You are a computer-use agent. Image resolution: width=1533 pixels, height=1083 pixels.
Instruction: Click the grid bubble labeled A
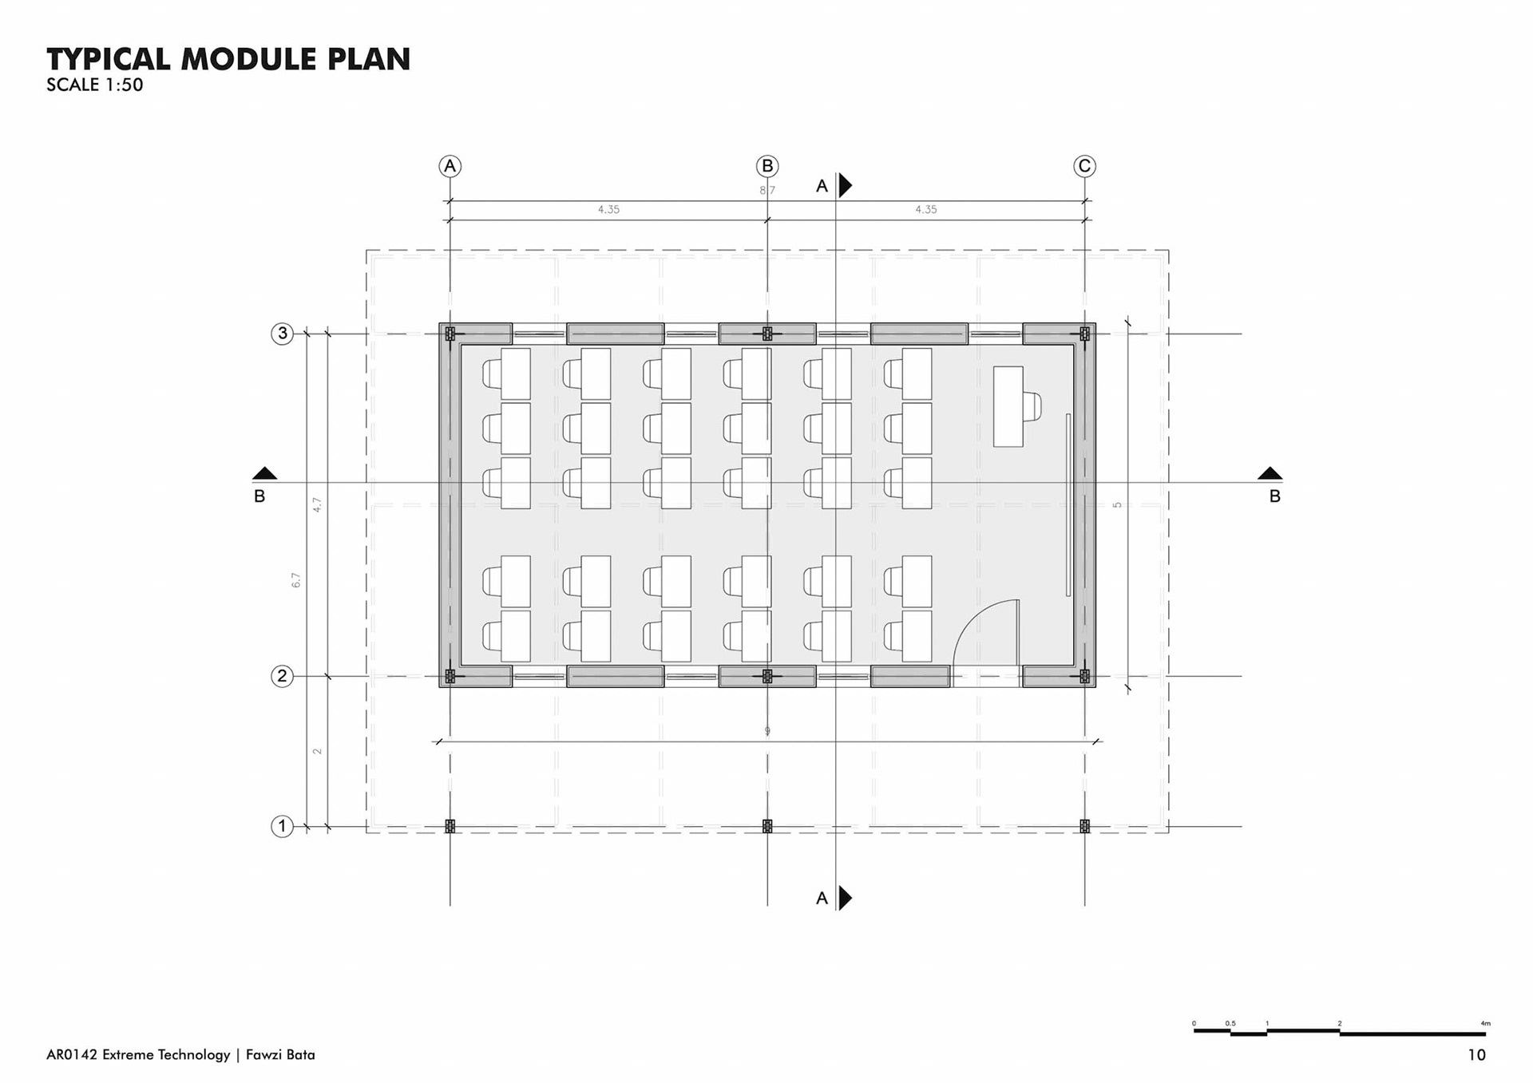pyautogui.click(x=450, y=166)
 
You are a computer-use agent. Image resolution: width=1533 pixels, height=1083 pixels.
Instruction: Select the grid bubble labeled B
pyautogui.click(x=767, y=166)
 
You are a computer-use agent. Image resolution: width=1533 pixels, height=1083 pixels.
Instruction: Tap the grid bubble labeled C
pyautogui.click(x=1084, y=166)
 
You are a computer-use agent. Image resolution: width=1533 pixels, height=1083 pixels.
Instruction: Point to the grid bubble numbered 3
pyautogui.click(x=282, y=334)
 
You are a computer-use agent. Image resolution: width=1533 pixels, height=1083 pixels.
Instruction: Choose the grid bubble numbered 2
pyautogui.click(x=282, y=676)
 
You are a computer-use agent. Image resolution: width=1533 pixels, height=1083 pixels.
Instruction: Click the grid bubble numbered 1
pyautogui.click(x=282, y=826)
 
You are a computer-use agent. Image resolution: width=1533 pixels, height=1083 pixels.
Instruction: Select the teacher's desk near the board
pyautogui.click(x=1008, y=406)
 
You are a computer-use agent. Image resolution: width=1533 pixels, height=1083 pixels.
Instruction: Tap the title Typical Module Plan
pyautogui.click(x=228, y=59)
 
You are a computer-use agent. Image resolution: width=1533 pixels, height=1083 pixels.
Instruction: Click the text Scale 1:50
pyautogui.click(x=95, y=85)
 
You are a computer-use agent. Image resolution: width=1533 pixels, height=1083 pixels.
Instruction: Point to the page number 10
pyautogui.click(x=1476, y=1055)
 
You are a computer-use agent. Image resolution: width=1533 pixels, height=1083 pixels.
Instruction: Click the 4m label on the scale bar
pyautogui.click(x=1485, y=1023)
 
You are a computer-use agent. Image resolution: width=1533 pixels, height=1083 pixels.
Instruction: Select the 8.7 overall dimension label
pyautogui.click(x=767, y=191)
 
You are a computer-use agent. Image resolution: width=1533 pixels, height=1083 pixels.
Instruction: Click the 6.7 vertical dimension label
pyautogui.click(x=296, y=580)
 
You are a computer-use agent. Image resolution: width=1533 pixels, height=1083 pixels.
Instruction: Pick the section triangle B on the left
pyautogui.click(x=264, y=473)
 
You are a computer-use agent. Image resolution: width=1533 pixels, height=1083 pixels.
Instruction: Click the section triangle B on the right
pyautogui.click(x=1270, y=473)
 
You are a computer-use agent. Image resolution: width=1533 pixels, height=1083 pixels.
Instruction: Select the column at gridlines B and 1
pyautogui.click(x=767, y=826)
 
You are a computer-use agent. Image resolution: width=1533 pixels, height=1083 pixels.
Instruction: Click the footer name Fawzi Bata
pyautogui.click(x=280, y=1055)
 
